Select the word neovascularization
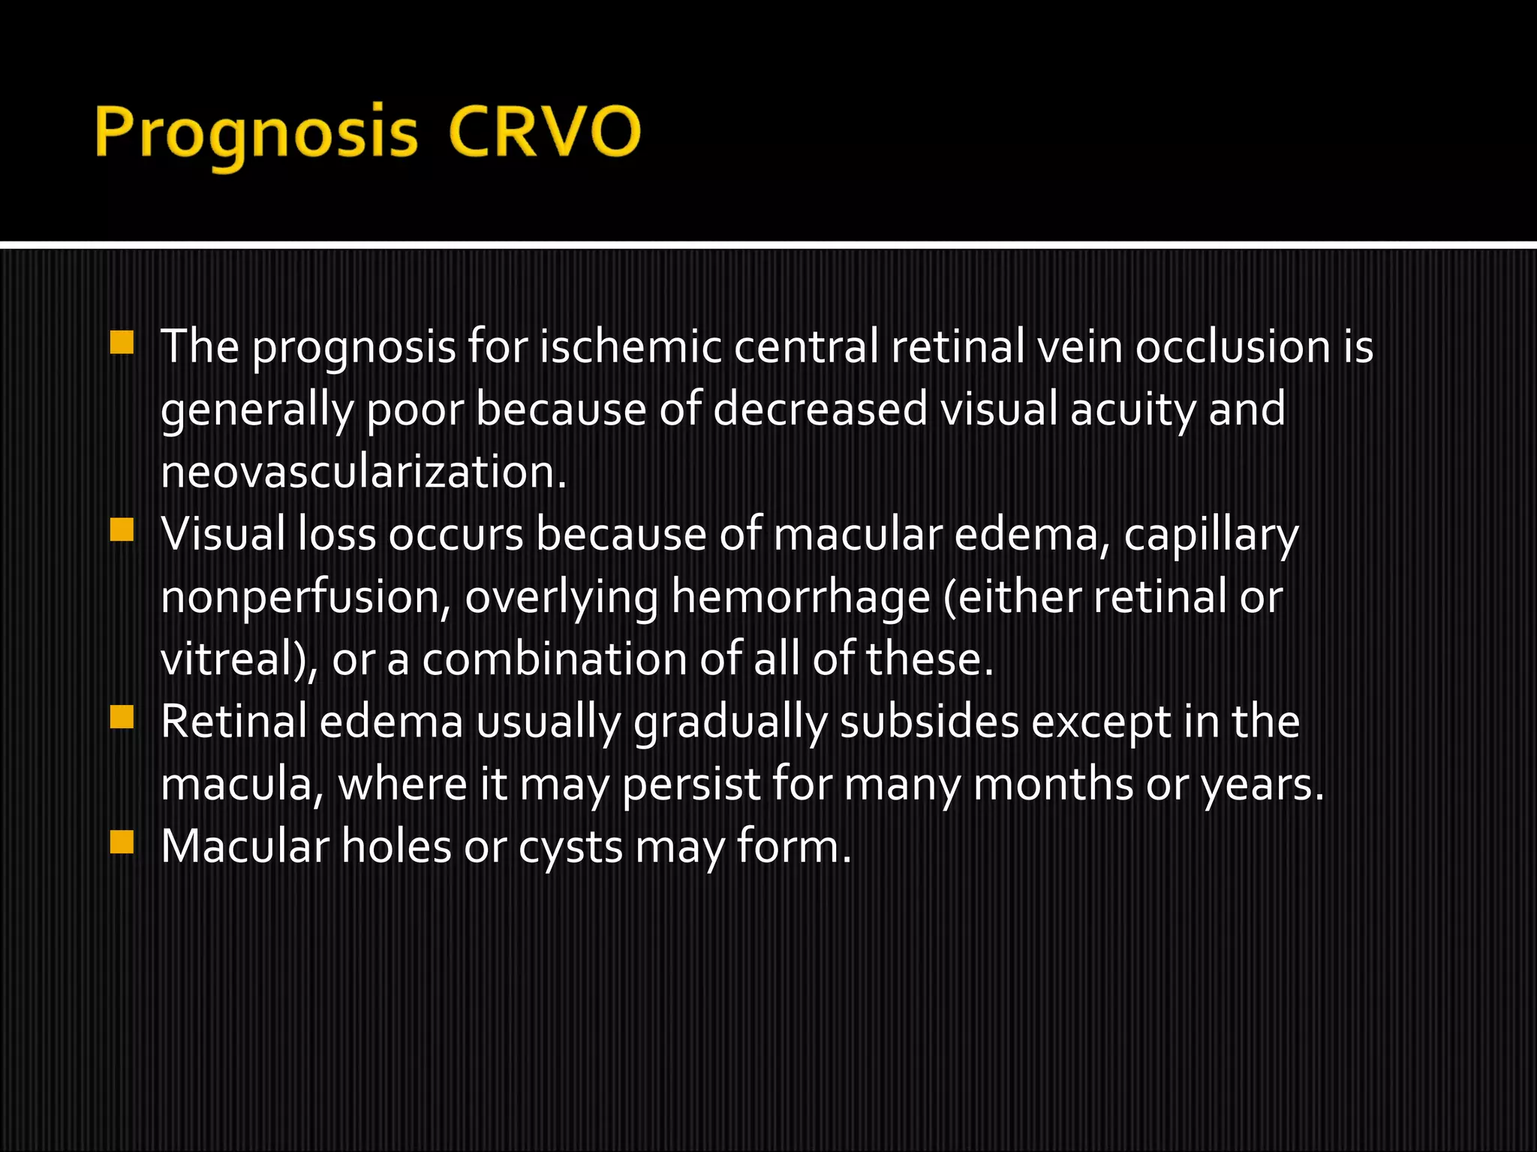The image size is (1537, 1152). tap(363, 472)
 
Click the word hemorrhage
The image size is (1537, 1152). tap(801, 598)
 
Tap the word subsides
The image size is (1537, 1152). tap(929, 722)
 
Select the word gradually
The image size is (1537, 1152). tap(730, 724)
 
